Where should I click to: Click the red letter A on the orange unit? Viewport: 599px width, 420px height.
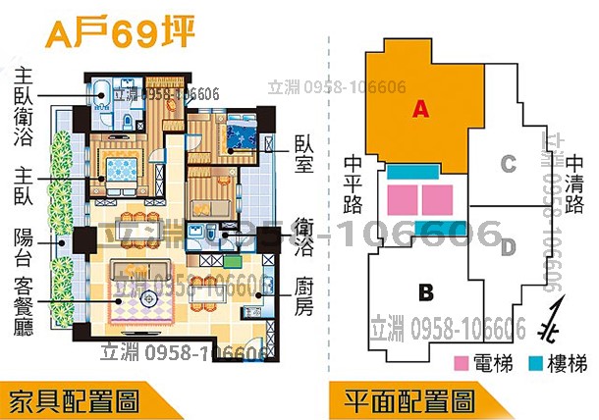click(419, 110)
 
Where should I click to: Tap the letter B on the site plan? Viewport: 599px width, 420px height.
click(425, 291)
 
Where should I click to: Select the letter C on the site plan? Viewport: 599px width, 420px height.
click(508, 164)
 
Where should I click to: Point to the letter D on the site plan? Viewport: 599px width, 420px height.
click(508, 244)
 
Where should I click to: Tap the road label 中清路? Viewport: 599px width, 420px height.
click(574, 183)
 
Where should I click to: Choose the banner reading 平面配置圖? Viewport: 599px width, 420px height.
click(410, 400)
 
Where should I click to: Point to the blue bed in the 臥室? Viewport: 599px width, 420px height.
click(241, 133)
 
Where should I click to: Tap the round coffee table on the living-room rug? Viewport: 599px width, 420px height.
click(148, 296)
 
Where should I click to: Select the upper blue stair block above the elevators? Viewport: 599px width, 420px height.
click(418, 173)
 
